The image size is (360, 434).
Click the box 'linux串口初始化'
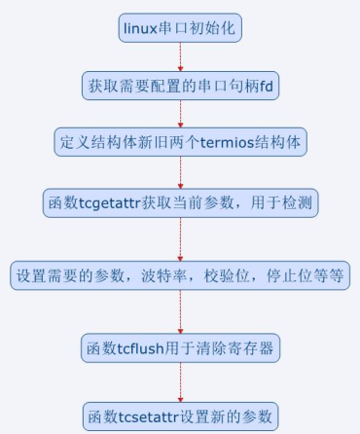pyautogui.click(x=180, y=28)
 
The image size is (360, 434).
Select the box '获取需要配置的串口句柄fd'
pyautogui.click(x=180, y=85)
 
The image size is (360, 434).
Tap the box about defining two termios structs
pyautogui.click(x=180, y=141)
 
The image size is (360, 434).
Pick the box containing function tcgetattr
pyautogui.click(x=180, y=202)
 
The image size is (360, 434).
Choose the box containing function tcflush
pyautogui.click(x=180, y=347)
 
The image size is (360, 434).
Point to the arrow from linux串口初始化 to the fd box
pyautogui.click(x=180, y=56)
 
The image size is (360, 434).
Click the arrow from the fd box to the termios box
pyautogui.click(x=180, y=113)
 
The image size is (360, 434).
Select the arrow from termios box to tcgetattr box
pyautogui.click(x=180, y=171)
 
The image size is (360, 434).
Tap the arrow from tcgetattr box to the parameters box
pyautogui.click(x=180, y=238)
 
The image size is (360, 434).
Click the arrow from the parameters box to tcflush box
pyautogui.click(x=180, y=311)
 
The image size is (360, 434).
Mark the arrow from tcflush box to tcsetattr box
pyautogui.click(x=180, y=380)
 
